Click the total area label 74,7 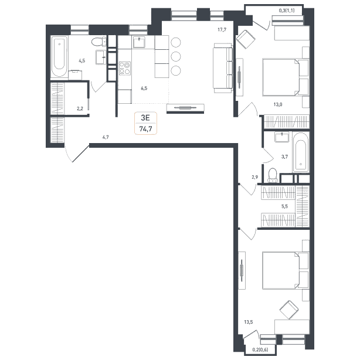coord(145,129)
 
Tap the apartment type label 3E coord(145,118)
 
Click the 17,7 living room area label coord(222,29)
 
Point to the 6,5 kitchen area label coord(144,88)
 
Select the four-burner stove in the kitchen coord(125,69)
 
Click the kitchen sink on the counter coord(139,42)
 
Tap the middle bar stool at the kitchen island coord(176,56)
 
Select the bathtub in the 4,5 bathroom coord(59,56)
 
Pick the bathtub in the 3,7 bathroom coord(301,152)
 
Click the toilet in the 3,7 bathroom coord(273,175)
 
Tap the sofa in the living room coord(223,68)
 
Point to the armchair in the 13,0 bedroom coord(246,39)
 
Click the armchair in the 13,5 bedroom coord(289,310)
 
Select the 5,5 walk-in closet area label coord(284,206)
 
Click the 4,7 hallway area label coord(106,137)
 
